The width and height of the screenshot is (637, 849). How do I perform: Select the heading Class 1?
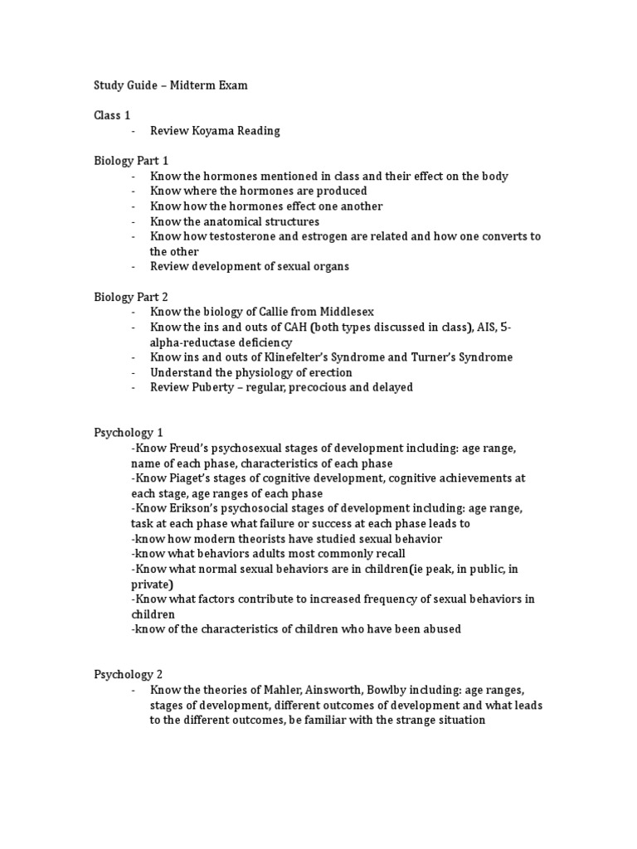coord(112,115)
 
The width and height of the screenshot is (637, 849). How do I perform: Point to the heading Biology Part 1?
coord(130,161)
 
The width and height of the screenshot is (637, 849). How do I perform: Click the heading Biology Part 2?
coord(130,296)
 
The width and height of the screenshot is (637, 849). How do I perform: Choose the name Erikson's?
coord(188,508)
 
